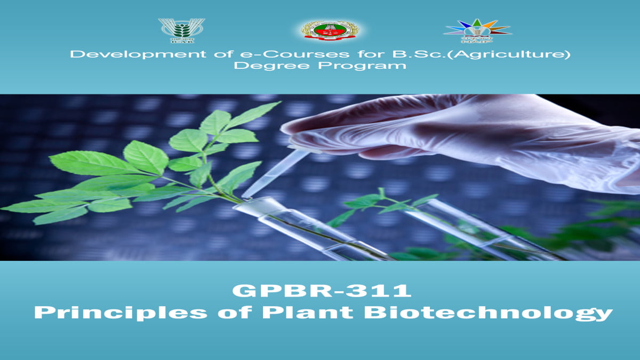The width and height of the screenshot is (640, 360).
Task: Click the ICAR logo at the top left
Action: (x=181, y=30)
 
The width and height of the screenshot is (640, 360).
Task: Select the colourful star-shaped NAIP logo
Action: (x=477, y=30)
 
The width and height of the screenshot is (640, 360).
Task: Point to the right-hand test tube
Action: (x=469, y=229)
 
